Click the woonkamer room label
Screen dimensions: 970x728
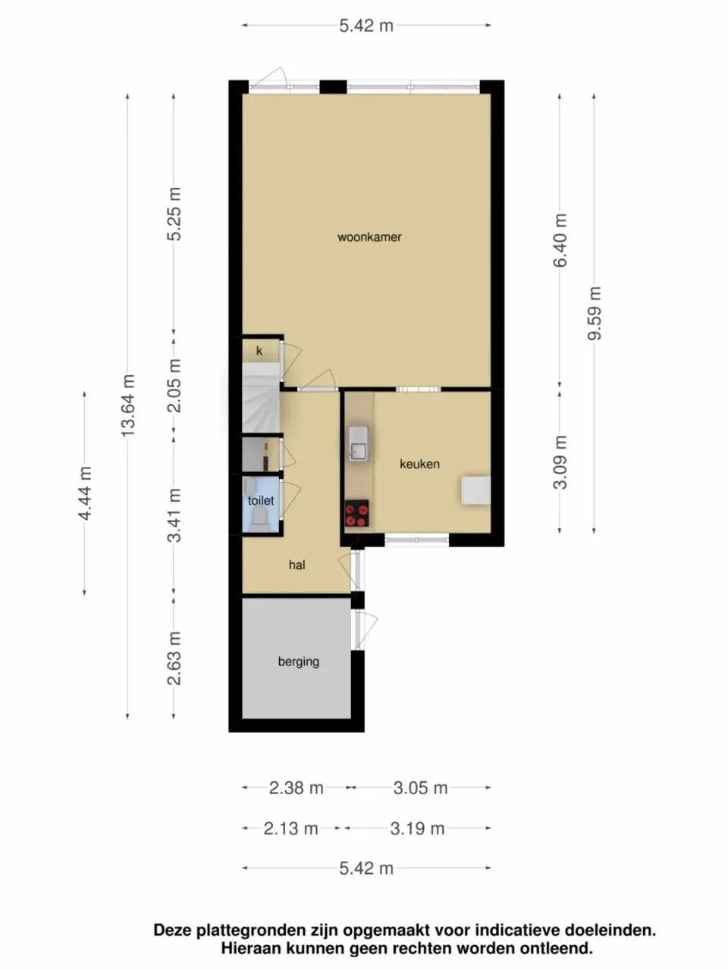[x=369, y=237]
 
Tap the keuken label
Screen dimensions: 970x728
[x=419, y=464]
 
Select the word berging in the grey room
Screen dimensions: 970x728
[x=298, y=662]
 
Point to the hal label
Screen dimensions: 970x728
[x=297, y=565]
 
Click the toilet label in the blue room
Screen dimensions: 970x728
[x=260, y=501]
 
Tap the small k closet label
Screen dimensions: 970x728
[x=259, y=351]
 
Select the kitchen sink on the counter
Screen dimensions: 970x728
[x=358, y=443]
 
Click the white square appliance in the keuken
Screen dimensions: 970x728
[x=475, y=490]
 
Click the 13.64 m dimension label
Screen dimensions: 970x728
[x=128, y=405]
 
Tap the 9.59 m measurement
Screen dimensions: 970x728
[x=595, y=313]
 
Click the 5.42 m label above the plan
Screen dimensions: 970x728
[x=366, y=26]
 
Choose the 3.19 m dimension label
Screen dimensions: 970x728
[x=417, y=828]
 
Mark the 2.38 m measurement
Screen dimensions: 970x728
[x=296, y=788]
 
